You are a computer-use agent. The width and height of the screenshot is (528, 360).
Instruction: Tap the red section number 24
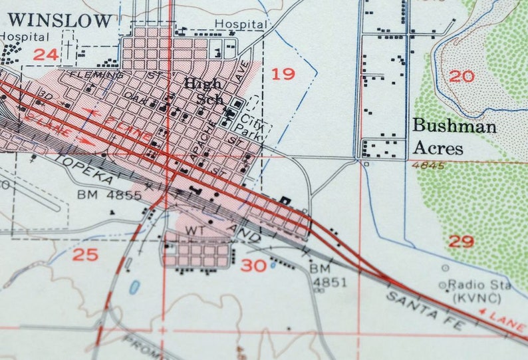coord(45,54)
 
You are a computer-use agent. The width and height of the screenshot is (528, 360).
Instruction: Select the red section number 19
coord(283,73)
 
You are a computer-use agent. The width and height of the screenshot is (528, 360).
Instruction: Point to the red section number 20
coord(462,76)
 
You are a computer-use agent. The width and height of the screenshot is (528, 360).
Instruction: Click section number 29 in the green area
coord(462,241)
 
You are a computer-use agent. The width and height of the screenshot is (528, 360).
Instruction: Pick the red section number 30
coord(253,266)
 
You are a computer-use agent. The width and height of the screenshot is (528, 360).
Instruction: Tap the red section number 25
coord(85,254)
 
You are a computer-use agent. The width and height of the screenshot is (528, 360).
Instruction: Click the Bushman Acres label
coord(454,136)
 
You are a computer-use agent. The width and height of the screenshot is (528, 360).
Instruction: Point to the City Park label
coord(251,126)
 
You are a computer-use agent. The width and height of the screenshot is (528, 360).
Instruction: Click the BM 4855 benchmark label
coord(110,195)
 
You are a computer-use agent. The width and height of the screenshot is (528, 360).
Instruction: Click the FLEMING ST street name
coord(112,75)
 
